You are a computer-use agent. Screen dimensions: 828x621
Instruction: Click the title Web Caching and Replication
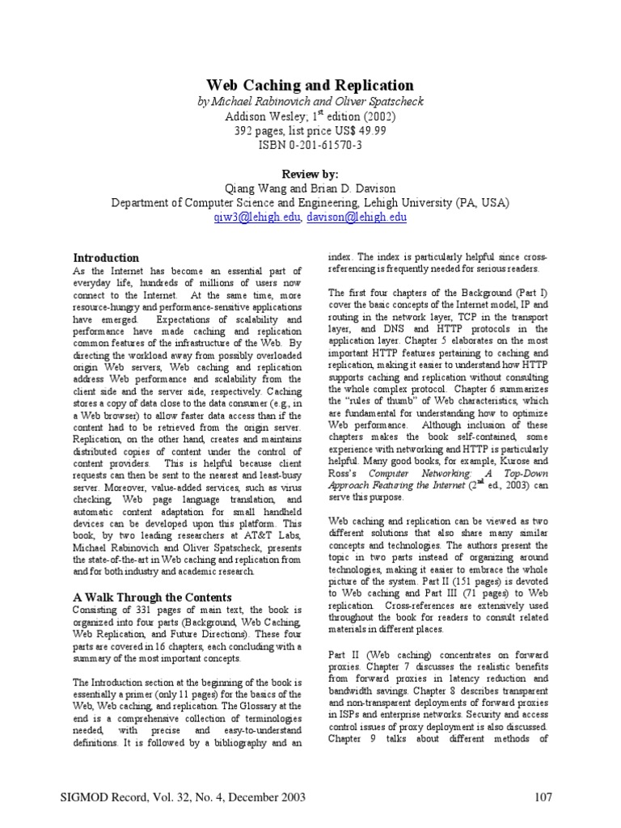point(310,86)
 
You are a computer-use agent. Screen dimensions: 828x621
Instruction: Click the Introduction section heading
point(106,258)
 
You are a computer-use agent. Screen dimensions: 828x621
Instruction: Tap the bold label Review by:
point(310,174)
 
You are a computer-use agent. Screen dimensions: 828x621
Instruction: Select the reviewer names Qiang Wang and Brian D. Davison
point(310,188)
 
